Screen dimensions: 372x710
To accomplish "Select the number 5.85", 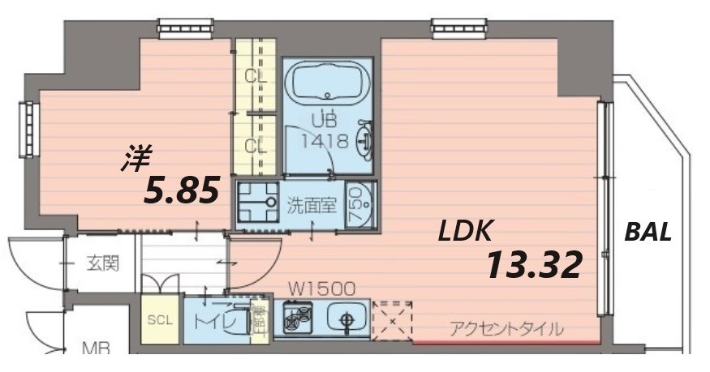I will (x=182, y=191).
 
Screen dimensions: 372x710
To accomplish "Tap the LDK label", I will (x=465, y=232).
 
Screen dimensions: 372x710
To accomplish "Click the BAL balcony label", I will (x=648, y=233).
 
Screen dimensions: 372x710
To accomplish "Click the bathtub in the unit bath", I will (x=325, y=84).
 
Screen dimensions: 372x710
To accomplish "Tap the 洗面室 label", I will (x=311, y=204).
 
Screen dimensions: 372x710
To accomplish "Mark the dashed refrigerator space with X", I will (x=393, y=319).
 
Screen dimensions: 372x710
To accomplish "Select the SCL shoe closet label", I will (x=160, y=319).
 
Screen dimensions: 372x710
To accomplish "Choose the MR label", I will (x=97, y=349).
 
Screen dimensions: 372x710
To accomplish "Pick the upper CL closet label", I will (x=256, y=77).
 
